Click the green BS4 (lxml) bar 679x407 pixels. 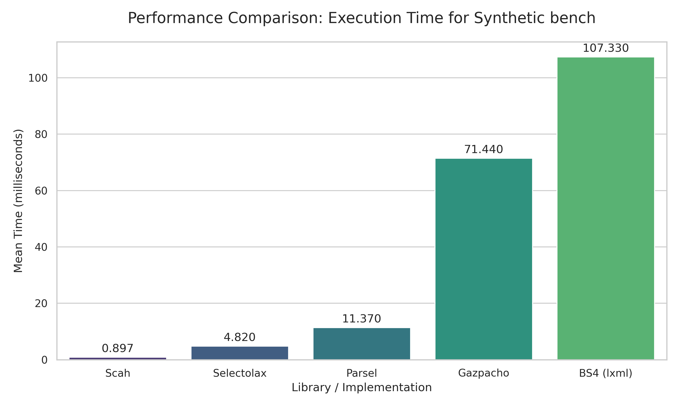tap(605, 208)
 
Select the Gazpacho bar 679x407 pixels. tap(484, 259)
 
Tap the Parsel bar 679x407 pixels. tap(362, 343)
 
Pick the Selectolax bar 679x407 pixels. tap(240, 353)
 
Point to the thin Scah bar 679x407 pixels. tap(118, 358)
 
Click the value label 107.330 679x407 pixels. tap(605, 48)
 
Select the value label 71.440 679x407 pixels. tap(484, 149)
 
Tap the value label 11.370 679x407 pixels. tap(362, 319)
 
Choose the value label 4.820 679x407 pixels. tap(240, 337)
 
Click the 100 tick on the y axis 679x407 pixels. tap(38, 78)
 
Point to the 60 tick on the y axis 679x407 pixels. tap(41, 191)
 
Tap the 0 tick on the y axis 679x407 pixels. tap(44, 360)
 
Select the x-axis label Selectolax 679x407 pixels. tap(240, 373)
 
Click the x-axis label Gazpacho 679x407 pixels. tap(484, 373)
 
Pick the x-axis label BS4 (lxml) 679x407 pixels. tap(605, 373)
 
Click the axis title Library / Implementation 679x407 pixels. tap(362, 388)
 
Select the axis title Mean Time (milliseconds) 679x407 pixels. tap(18, 201)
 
